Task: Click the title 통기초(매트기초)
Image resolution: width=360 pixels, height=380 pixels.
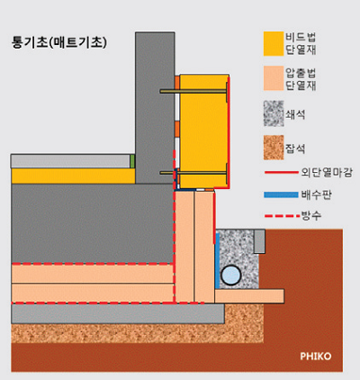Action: tap(59, 42)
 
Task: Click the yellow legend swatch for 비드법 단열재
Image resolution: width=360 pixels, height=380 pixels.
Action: tap(274, 43)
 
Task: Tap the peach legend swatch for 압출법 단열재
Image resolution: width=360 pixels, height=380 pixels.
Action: tap(274, 78)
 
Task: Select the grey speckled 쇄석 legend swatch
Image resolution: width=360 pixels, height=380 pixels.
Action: tap(274, 113)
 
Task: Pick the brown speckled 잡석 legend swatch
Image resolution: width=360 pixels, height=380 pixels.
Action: tap(274, 148)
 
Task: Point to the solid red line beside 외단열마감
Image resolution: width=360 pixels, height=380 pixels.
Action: tap(282, 172)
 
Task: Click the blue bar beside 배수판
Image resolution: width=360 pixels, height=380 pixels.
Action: tap(282, 195)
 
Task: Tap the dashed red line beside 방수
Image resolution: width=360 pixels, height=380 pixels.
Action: tap(283, 215)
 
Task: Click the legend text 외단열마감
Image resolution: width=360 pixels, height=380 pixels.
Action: tap(327, 173)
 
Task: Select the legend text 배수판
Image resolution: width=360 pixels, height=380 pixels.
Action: tap(317, 195)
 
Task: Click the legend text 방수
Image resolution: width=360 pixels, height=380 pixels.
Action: tap(311, 215)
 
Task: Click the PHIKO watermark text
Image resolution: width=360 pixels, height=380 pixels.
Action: tap(316, 357)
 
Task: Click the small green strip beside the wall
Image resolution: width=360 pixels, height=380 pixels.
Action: tap(132, 161)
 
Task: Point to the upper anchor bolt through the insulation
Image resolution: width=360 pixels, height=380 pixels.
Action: tap(193, 91)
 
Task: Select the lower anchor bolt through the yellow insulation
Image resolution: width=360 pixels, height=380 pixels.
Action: tap(193, 173)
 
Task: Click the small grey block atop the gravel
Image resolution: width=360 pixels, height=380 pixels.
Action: tap(259, 241)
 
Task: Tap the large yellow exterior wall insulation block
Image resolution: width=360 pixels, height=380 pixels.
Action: tap(204, 131)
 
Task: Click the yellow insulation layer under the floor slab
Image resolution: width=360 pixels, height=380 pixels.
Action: tap(73, 176)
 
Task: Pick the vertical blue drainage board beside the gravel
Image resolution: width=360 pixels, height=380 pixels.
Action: tap(217, 261)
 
